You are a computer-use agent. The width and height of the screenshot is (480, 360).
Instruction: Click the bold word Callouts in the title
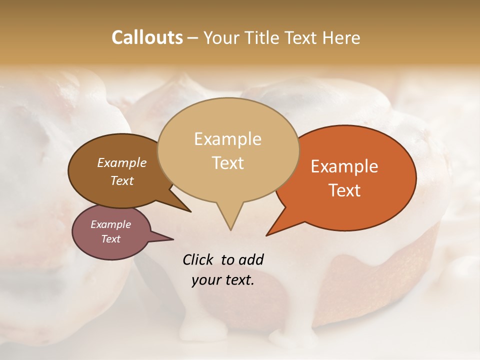pyautogui.click(x=147, y=37)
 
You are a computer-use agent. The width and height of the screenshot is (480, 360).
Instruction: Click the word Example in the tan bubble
pyautogui.click(x=227, y=139)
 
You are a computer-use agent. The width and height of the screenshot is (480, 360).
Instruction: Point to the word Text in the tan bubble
pyautogui.click(x=228, y=163)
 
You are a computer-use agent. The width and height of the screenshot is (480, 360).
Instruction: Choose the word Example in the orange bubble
pyautogui.click(x=344, y=166)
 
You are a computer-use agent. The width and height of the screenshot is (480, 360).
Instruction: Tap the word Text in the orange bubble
pyautogui.click(x=345, y=190)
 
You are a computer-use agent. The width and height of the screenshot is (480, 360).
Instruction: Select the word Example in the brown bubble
pyautogui.click(x=121, y=162)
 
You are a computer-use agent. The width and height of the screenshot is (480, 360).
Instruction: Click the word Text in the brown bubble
pyautogui.click(x=122, y=180)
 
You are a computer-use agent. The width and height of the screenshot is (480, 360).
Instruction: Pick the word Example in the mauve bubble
pyautogui.click(x=110, y=224)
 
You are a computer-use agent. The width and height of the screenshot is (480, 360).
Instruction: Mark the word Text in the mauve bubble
pyautogui.click(x=111, y=239)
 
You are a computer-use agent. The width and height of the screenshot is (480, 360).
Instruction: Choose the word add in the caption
pyautogui.click(x=250, y=259)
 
